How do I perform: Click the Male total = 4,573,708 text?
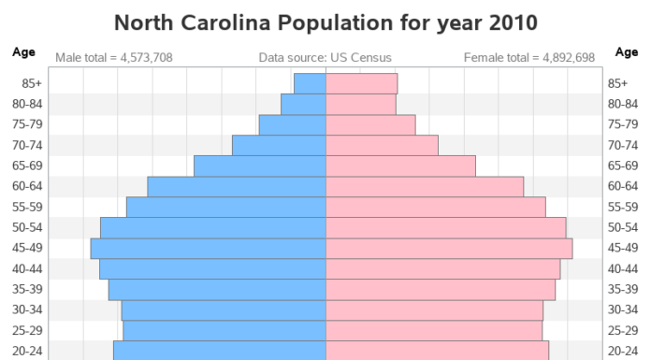(113, 58)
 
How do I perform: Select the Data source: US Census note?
(325, 58)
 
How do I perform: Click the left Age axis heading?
(23, 52)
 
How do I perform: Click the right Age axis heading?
(626, 52)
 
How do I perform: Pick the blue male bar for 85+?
(310, 83)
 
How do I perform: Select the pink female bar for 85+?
(361, 83)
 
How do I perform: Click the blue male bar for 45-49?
(208, 248)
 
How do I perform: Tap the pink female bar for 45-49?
(449, 248)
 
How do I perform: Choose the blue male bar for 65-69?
(259, 166)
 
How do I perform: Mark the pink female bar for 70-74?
(382, 145)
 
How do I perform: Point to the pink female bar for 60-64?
(425, 186)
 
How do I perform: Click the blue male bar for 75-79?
(292, 124)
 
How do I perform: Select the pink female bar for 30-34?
(434, 310)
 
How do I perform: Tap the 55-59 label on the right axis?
(622, 207)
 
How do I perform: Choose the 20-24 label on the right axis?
(622, 351)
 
